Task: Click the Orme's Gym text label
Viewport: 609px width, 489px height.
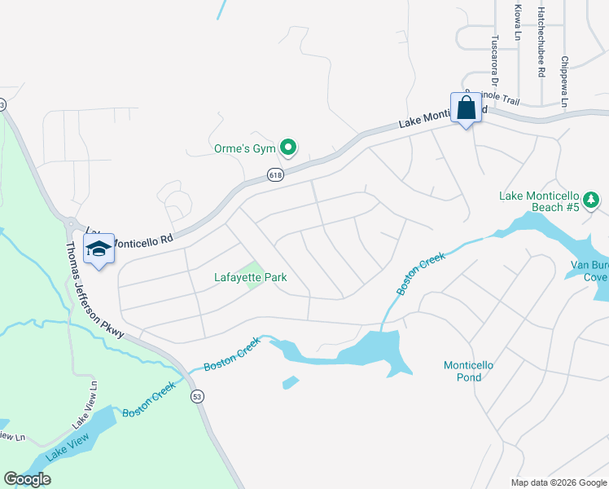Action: point(239,149)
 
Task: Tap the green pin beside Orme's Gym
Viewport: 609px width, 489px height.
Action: point(287,148)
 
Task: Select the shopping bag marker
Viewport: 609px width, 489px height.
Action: point(467,108)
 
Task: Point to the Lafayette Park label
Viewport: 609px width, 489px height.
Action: point(250,278)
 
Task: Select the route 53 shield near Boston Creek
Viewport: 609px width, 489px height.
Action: point(197,396)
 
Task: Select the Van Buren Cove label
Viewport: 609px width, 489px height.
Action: point(589,271)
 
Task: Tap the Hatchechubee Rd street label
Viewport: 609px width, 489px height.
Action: point(541,42)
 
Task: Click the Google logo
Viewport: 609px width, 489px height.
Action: point(28,479)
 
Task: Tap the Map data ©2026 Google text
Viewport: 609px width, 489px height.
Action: point(559,482)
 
